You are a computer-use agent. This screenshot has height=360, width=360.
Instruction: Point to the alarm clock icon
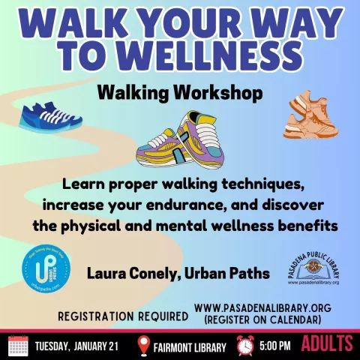click(x=244, y=345)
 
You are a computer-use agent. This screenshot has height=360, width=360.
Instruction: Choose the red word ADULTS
click(x=327, y=345)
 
